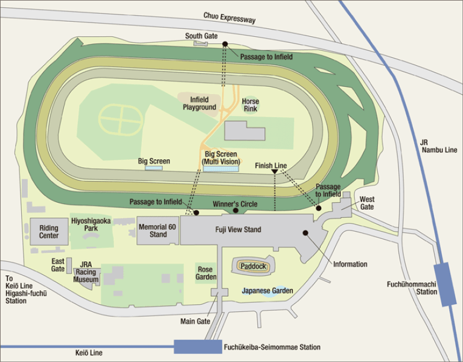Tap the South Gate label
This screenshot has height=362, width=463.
click(201, 36)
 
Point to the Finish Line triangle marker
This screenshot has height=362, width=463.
click(275, 173)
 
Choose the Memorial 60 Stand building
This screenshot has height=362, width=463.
click(158, 230)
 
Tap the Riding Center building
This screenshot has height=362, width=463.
click(49, 232)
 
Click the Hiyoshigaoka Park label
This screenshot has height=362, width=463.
click(91, 225)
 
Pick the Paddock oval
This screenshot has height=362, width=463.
click(253, 265)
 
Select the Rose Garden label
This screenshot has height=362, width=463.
click(206, 273)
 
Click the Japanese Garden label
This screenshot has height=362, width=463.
click(267, 291)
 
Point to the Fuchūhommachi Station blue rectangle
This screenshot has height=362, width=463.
click(445, 284)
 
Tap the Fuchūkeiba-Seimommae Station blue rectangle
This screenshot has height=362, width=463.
click(197, 347)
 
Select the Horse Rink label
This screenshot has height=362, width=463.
click(250, 105)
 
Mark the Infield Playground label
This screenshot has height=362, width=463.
click(199, 103)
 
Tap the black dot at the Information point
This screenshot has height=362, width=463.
click(305, 233)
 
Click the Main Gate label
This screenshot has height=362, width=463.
click(195, 321)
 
